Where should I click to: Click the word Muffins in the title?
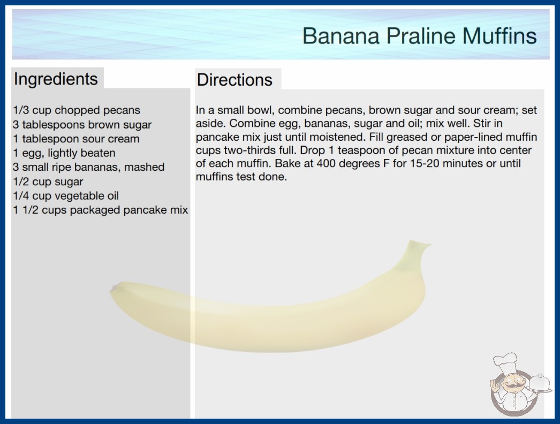[x=500, y=36]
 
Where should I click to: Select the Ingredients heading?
[x=56, y=79]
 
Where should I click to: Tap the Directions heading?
[x=234, y=80]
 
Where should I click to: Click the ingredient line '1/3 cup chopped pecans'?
[x=77, y=110]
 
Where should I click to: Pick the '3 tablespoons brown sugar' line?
[x=82, y=125]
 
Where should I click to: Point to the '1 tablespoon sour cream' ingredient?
[x=76, y=139]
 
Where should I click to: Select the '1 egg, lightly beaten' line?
[x=64, y=153]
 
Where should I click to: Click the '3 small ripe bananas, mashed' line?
[x=88, y=167]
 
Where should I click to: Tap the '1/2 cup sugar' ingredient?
[x=48, y=181]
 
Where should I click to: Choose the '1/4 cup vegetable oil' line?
[x=66, y=196]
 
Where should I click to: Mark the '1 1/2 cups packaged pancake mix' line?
[x=100, y=210]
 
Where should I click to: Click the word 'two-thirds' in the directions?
[x=248, y=150]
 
